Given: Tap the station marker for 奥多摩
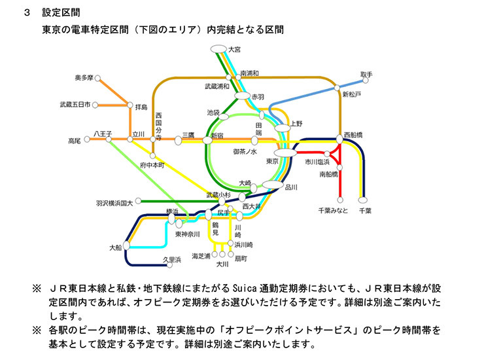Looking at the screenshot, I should (97, 78).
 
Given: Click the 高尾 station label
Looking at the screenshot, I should (74, 140).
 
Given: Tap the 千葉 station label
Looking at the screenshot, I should (364, 211).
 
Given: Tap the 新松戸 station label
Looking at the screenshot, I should (352, 95).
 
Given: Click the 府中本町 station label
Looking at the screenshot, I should (153, 166).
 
